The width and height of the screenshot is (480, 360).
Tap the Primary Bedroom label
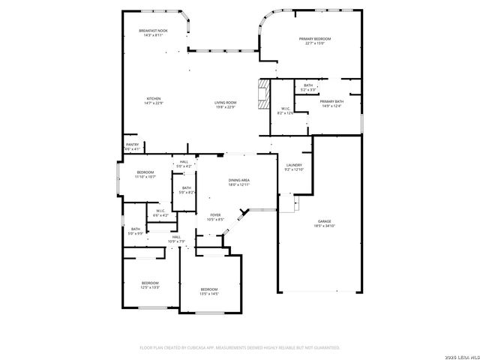tap(314, 40)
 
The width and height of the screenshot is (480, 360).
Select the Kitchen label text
tap(154, 101)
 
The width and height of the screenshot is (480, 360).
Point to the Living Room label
tap(225, 105)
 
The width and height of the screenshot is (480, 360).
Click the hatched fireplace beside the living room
tap(262, 94)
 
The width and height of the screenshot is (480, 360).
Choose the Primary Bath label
tap(331, 103)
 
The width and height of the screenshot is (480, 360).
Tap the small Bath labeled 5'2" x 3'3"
tap(308, 88)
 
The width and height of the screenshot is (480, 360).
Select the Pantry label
tap(132, 147)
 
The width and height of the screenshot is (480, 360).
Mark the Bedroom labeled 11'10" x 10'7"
tap(145, 175)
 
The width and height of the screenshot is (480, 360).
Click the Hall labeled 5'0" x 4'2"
tap(184, 163)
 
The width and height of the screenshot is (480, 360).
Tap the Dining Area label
tap(238, 182)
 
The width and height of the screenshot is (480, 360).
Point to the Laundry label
tap(293, 167)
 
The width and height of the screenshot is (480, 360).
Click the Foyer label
tap(215, 217)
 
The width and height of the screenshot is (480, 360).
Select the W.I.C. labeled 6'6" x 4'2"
tap(160, 213)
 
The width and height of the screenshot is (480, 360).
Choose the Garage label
tap(324, 223)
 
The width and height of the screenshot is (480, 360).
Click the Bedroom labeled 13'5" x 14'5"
tap(208, 291)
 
